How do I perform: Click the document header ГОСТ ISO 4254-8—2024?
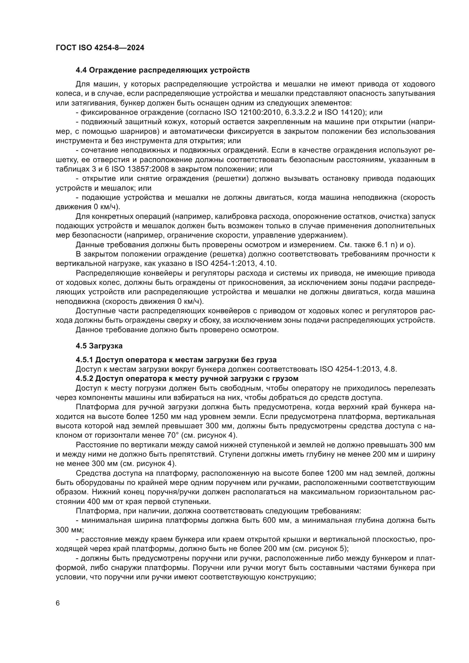point(100,48)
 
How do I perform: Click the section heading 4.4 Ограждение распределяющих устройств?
point(162,70)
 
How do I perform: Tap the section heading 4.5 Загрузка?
point(99,346)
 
